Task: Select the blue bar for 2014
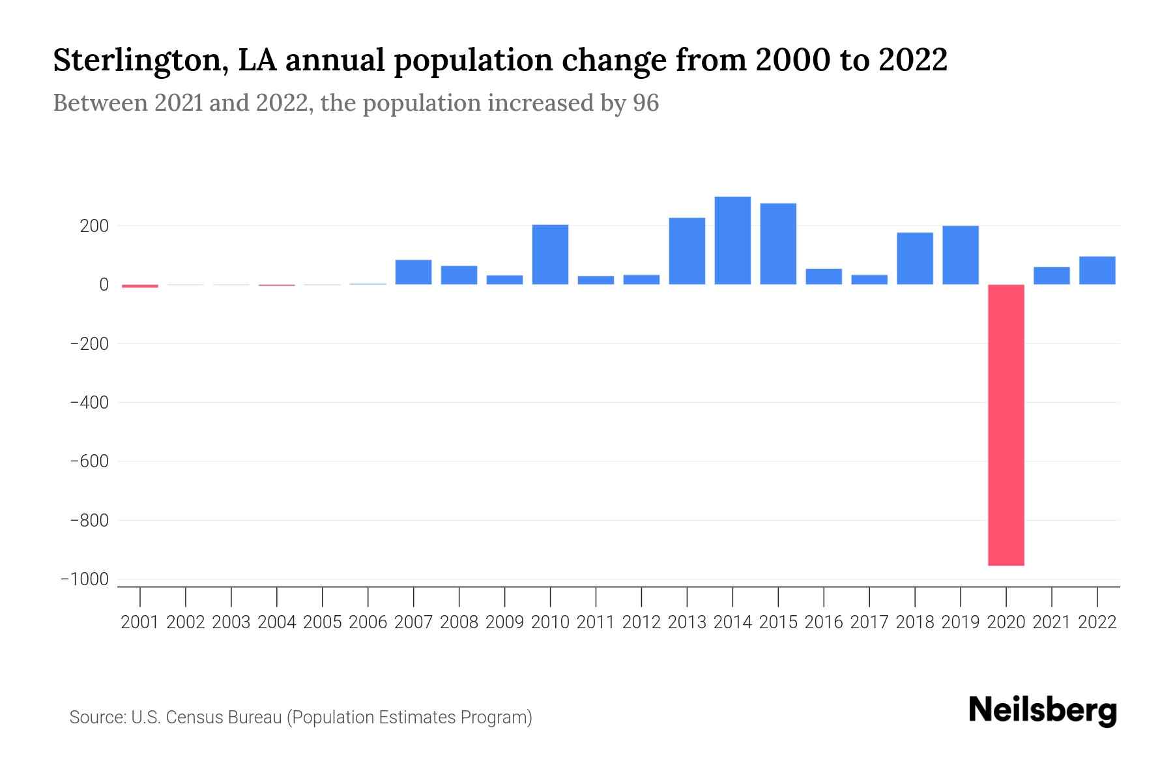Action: click(732, 240)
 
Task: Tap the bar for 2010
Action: click(550, 255)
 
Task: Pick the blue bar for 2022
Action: click(1097, 270)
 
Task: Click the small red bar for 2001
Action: click(140, 286)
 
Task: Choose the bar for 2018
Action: click(914, 259)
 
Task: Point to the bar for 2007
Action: click(413, 272)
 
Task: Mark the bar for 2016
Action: click(824, 277)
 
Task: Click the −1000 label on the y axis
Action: click(84, 579)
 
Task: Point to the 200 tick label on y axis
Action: click(94, 226)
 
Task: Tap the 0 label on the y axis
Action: click(104, 285)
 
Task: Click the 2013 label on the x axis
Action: click(687, 622)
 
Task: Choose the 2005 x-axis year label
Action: click(323, 622)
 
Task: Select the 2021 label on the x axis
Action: click(1051, 622)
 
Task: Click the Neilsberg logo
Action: click(1042, 710)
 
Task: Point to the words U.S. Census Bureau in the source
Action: click(207, 717)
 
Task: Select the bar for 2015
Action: click(778, 244)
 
